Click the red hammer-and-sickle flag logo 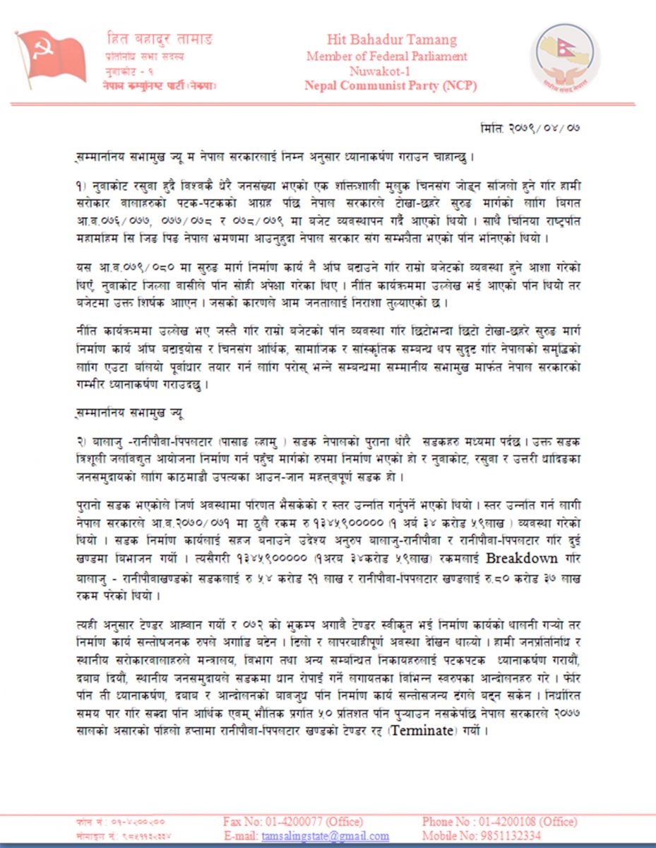51,57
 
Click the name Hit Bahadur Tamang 391,40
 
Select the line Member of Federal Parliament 386,56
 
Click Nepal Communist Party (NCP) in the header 390,86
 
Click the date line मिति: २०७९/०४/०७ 530,128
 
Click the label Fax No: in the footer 242,822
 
